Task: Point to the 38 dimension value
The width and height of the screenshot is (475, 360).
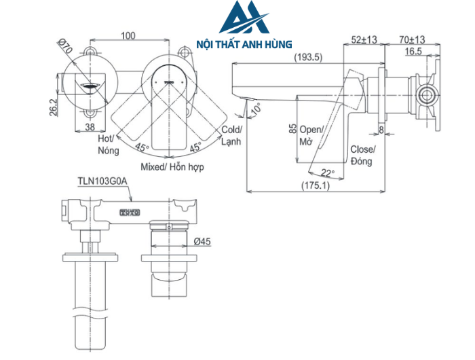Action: pos(90,126)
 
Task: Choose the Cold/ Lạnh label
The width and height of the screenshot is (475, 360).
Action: pos(230,134)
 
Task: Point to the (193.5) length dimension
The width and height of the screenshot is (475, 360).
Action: pos(308,58)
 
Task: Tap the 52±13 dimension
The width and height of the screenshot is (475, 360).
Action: pos(364,40)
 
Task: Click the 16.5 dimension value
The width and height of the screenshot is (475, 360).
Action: pos(413,51)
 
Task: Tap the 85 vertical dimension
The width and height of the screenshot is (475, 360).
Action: pos(291,129)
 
